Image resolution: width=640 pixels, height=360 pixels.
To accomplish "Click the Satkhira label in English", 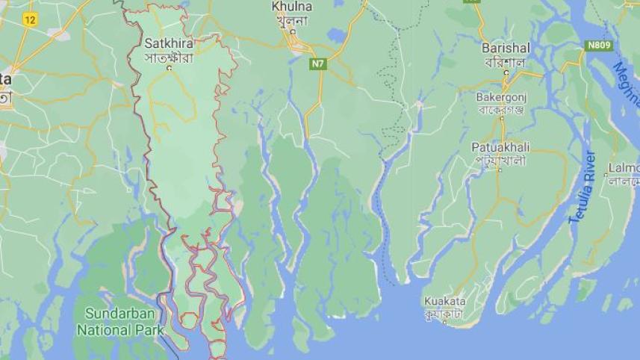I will coord(169,43).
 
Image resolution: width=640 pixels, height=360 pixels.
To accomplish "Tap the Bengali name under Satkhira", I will coord(169,57).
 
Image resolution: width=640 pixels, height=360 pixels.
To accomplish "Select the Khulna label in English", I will coord(292,7).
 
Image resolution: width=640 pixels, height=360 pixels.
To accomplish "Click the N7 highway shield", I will coord(319,63).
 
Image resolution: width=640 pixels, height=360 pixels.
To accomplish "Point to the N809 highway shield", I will coord(599,46).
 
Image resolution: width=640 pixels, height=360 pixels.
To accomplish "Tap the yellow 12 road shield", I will coord(29,20).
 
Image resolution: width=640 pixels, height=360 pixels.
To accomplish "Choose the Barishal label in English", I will coord(506,48).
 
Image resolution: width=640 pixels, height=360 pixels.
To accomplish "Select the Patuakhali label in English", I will coord(499,147).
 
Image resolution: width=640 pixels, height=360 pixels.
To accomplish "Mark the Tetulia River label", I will coord(582,187).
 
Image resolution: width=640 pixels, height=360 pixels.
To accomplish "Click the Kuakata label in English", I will coord(444,300).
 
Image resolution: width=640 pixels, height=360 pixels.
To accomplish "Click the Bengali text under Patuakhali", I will coord(499,160).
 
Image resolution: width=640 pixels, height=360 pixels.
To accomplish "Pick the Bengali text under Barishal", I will coord(506,61).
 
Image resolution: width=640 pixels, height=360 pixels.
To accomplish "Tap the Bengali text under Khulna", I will coord(292,20).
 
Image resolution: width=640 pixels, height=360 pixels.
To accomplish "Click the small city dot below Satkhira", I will coord(170,69).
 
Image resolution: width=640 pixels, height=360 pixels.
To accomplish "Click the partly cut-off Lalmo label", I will coord(624,167).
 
